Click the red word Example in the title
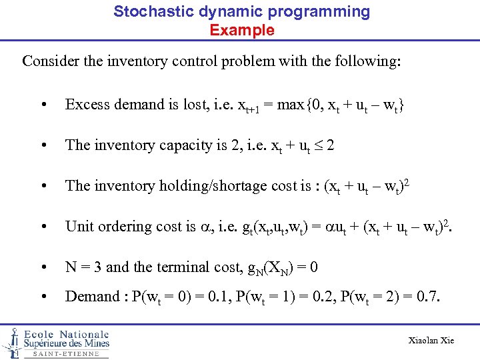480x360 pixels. pos(241,30)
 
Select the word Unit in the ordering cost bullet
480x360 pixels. pos(77,227)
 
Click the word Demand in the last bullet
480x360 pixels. pos(89,297)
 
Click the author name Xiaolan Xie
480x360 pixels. pos(431,341)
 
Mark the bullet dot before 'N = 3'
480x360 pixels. pos(43,267)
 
